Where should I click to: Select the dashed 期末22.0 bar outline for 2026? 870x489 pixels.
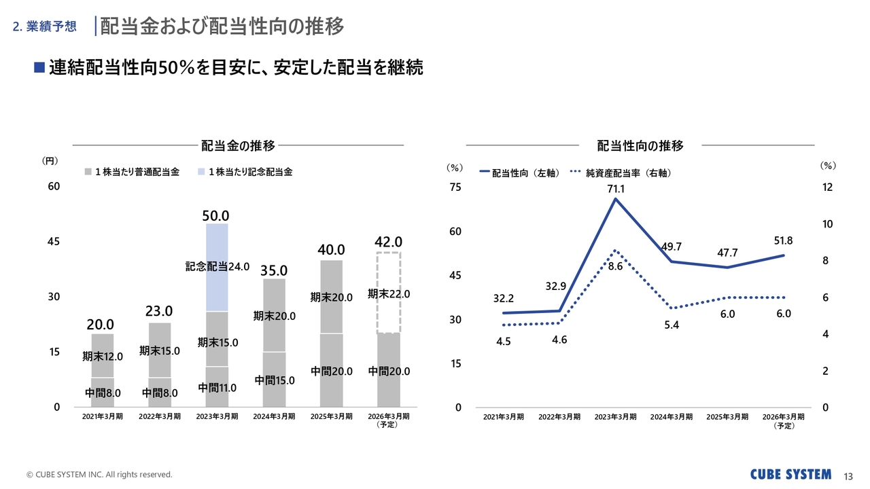[x=389, y=293]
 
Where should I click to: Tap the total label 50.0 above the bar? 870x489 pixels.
[x=217, y=215]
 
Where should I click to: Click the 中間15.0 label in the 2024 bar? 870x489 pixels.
[x=275, y=380]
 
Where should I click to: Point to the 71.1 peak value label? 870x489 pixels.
[x=616, y=189]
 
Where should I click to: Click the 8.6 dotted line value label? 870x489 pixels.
[x=616, y=267]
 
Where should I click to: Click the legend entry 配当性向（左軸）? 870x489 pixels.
[x=520, y=173]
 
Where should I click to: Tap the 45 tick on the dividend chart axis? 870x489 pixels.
[x=53, y=242]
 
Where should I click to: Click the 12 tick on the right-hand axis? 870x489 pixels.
[x=827, y=187]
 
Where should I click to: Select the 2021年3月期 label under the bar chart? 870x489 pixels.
[x=103, y=416]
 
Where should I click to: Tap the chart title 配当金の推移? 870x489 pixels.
[x=238, y=145]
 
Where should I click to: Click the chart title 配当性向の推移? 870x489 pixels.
[x=640, y=145]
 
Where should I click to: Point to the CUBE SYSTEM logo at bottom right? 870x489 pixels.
[x=790, y=474]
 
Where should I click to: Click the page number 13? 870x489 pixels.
[x=848, y=475]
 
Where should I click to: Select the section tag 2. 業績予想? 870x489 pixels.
[x=45, y=27]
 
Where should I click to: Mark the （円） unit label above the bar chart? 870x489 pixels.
[x=50, y=161]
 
